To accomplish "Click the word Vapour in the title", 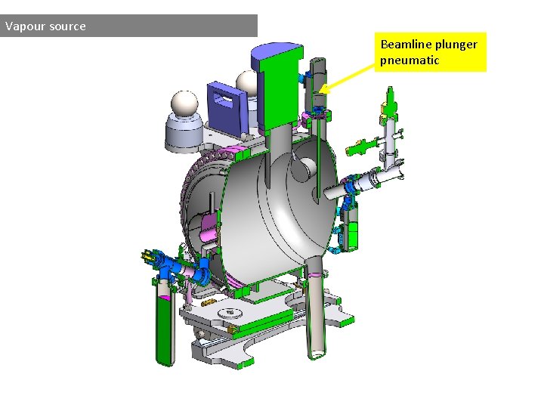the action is [x=26, y=26].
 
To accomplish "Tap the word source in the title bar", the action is [x=67, y=26].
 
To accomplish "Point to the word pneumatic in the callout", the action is [x=410, y=60].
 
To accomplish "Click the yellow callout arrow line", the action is [x=347, y=79].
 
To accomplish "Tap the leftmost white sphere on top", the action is [x=184, y=104].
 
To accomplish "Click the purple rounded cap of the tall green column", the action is [x=277, y=53].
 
